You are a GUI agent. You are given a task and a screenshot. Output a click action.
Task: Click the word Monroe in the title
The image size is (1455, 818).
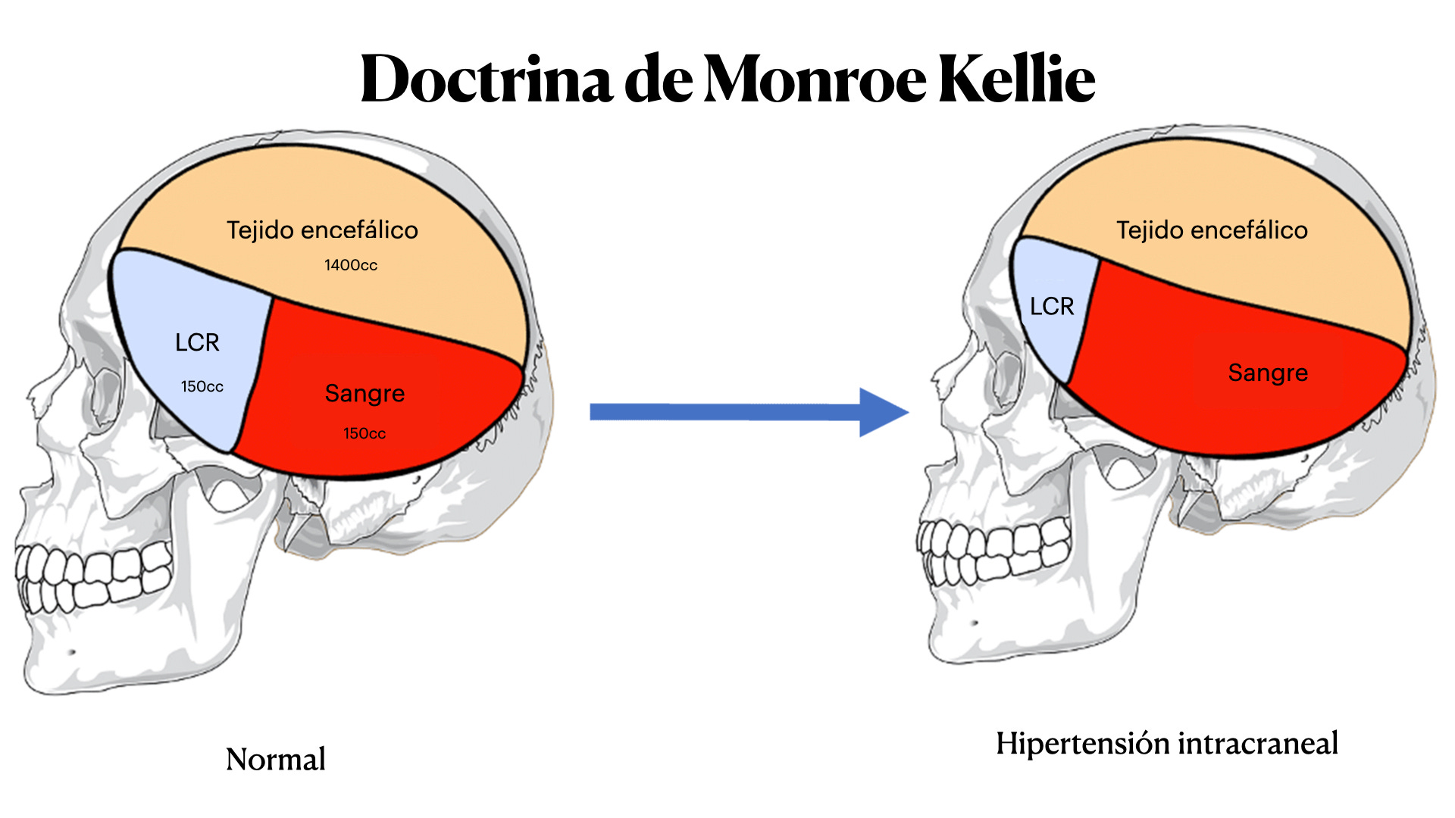pos(815,79)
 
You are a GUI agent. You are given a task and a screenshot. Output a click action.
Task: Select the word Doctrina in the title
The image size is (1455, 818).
pos(486,79)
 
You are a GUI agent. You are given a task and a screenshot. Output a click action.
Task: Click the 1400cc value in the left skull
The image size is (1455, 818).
pos(351,265)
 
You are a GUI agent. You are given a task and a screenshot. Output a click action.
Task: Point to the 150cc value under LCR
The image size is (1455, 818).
pos(202,386)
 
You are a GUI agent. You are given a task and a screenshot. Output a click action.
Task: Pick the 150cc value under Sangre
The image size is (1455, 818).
pos(365,433)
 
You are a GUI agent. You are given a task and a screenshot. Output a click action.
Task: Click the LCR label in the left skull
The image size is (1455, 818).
pos(197,342)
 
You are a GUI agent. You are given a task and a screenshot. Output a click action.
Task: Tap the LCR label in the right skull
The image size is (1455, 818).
pos(1052,306)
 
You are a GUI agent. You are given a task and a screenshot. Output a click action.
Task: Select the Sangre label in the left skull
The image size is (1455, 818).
pos(365,393)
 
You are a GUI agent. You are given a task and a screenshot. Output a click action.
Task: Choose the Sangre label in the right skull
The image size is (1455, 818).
pos(1268,373)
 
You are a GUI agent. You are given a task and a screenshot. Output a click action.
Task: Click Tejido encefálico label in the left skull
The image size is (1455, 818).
pos(322,229)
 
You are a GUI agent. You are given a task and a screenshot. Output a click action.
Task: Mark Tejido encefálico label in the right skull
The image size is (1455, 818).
pos(1212,229)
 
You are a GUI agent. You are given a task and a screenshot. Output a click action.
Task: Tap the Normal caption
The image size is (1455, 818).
pos(276,759)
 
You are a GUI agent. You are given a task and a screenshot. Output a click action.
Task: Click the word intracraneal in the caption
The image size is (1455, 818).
pos(1258,744)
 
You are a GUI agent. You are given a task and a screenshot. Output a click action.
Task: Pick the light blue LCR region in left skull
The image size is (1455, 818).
pos(189,303)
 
